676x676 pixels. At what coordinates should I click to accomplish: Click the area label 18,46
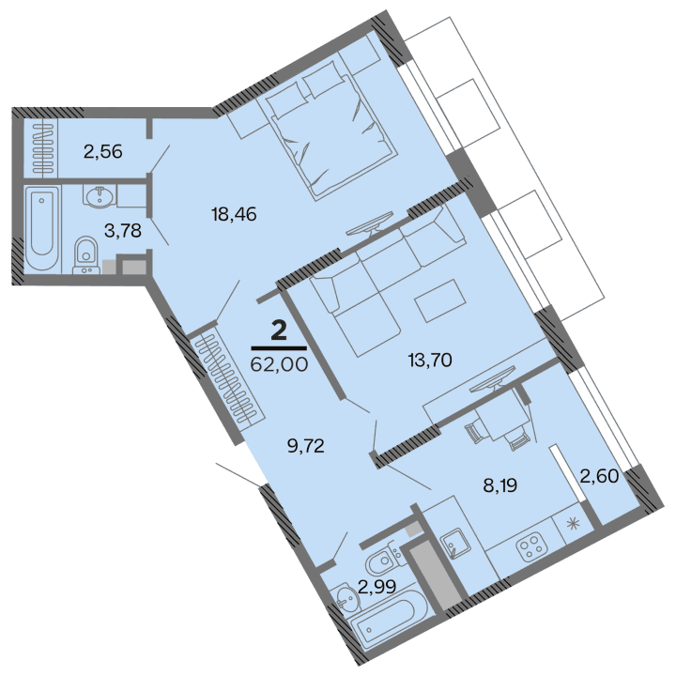(x=234, y=214)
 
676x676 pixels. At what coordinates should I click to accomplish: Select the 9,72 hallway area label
(x=305, y=445)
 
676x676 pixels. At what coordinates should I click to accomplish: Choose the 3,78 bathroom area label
(x=123, y=231)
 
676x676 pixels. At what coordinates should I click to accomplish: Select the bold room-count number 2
(x=279, y=330)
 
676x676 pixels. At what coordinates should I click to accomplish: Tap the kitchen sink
(x=458, y=542)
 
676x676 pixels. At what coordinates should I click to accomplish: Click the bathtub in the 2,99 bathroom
(x=384, y=623)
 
